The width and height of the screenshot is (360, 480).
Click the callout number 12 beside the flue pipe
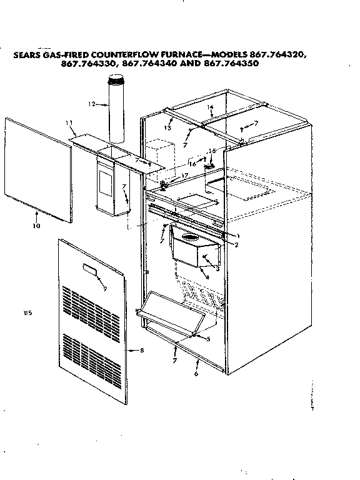91,104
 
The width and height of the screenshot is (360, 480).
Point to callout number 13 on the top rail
167,127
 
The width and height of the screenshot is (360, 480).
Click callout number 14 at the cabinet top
211,107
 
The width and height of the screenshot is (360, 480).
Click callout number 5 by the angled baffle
207,339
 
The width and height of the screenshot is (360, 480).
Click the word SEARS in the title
28,54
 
